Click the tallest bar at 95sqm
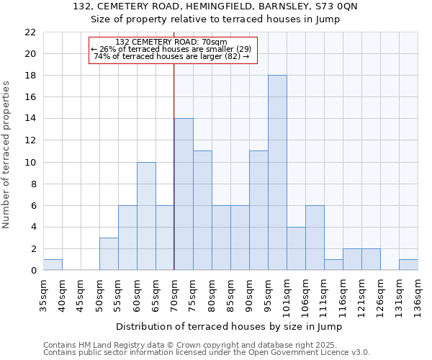(x=277, y=173)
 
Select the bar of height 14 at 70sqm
(x=184, y=194)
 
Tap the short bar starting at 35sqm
(x=53, y=265)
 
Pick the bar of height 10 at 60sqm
(x=146, y=216)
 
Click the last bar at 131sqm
(x=408, y=265)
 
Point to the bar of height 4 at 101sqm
(x=296, y=248)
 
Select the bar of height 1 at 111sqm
(x=333, y=265)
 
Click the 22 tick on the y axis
(x=30, y=32)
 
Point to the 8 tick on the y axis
(x=33, y=184)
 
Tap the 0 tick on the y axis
(x=33, y=271)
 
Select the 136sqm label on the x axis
(x=418, y=295)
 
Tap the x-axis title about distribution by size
(x=229, y=326)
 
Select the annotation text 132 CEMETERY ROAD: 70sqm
(x=171, y=42)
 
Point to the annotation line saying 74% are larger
(x=171, y=56)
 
